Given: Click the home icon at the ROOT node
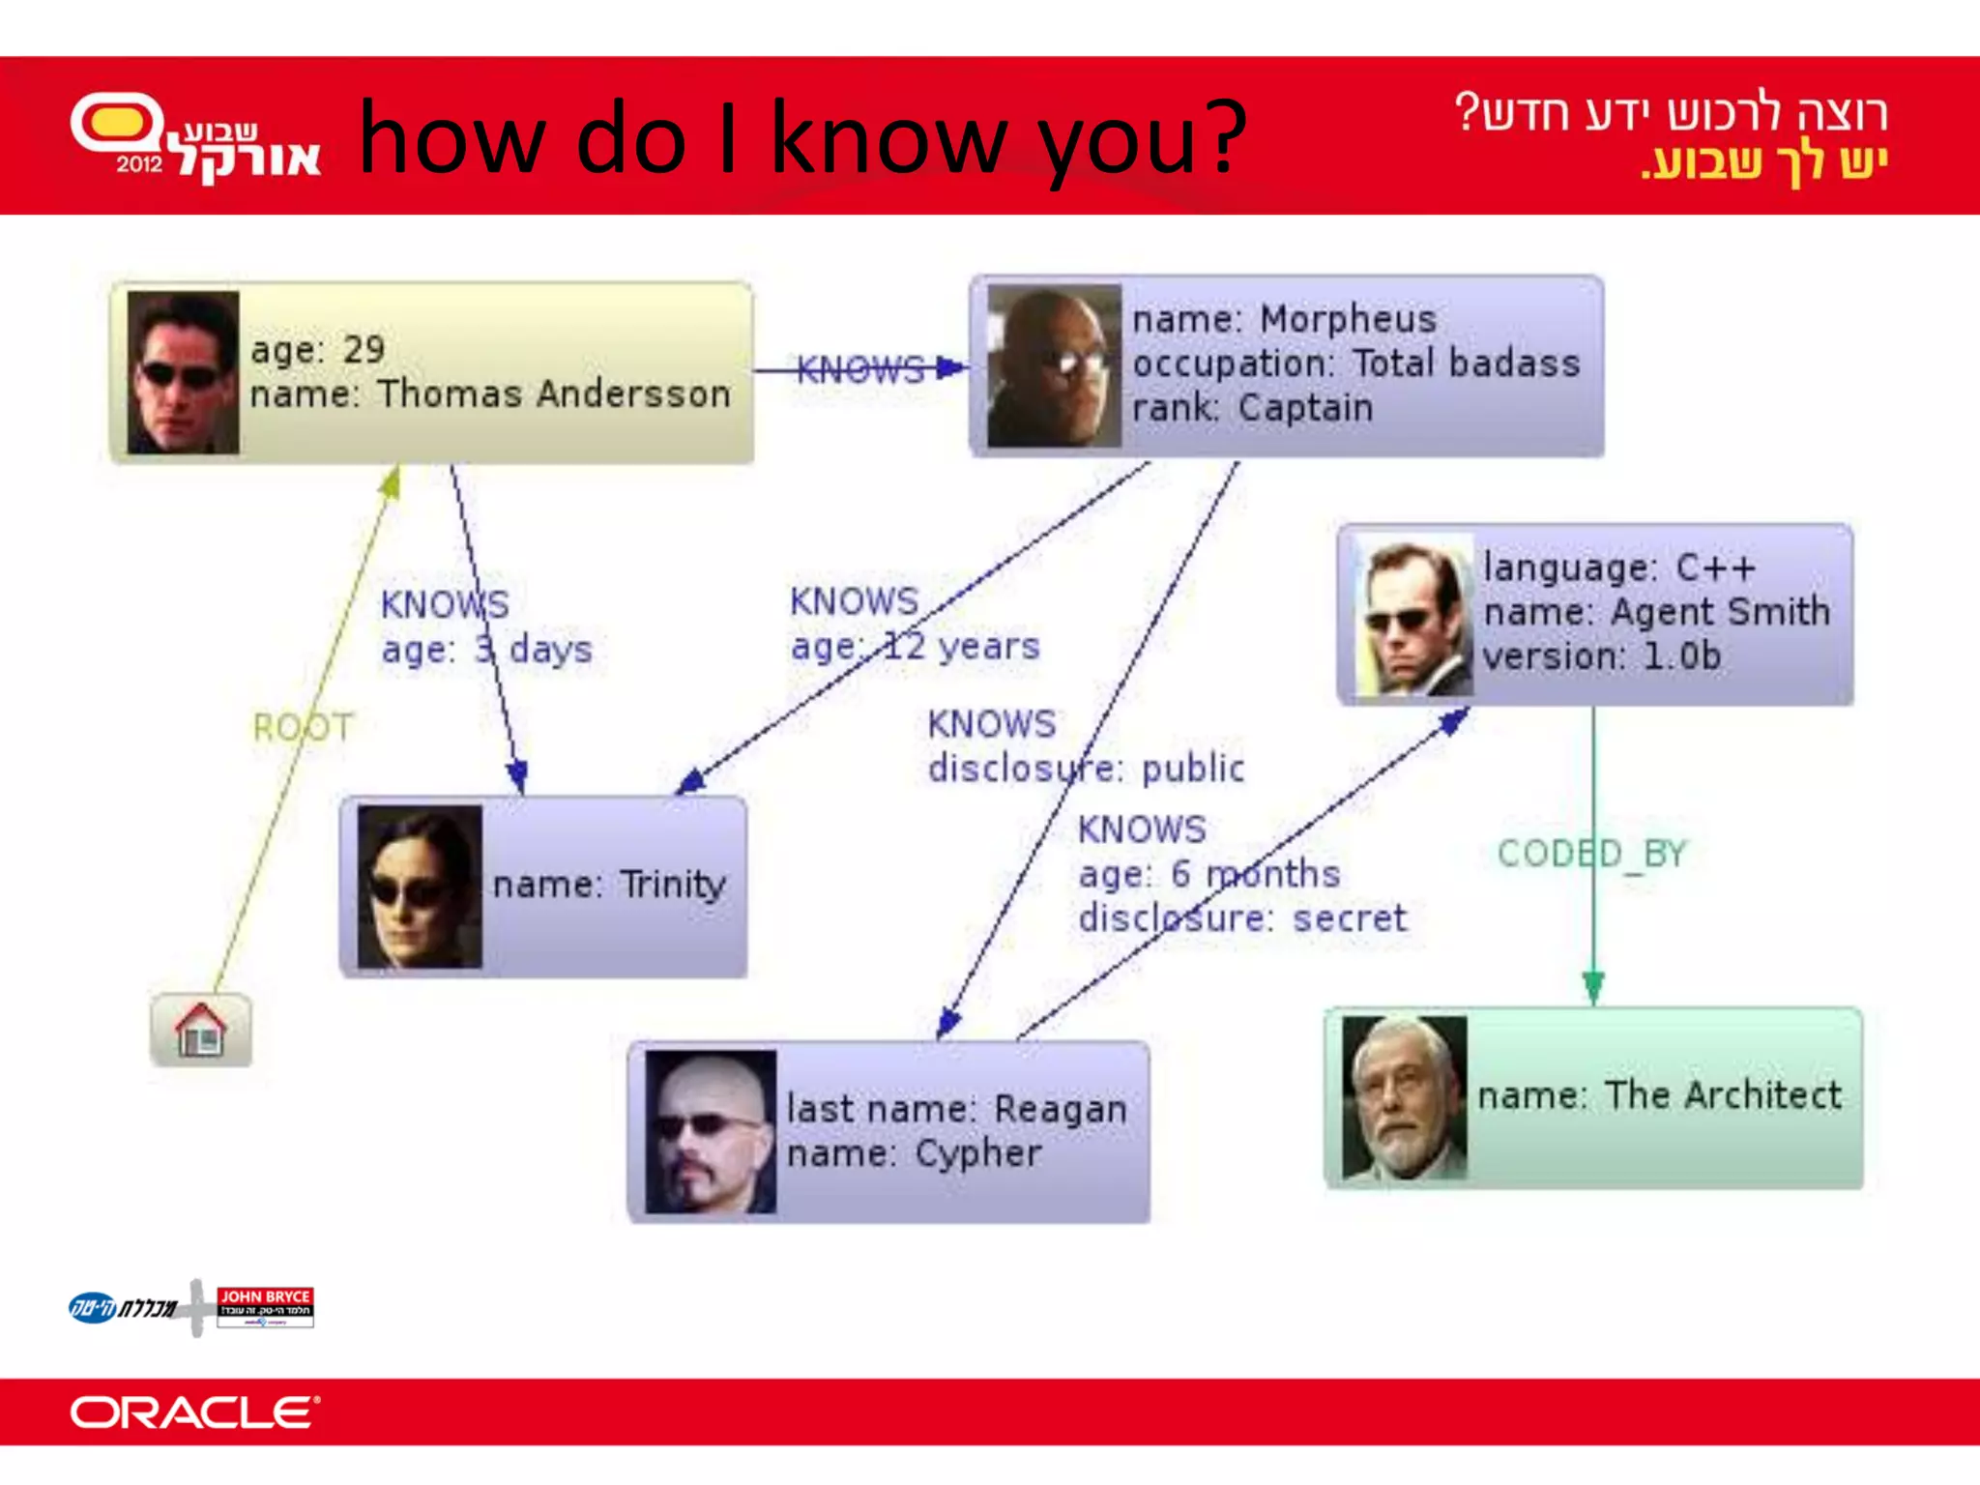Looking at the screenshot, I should click(x=201, y=1031).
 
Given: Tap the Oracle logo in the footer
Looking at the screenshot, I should click(x=194, y=1412).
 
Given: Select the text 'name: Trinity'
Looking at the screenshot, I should click(x=609, y=885).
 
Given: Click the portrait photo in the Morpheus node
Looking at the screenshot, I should click(x=1054, y=366).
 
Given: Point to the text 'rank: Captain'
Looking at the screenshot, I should click(x=1252, y=408).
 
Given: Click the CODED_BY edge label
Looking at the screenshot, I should click(x=1591, y=854).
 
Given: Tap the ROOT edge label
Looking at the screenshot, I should click(x=304, y=727).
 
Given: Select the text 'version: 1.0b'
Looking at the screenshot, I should click(x=1602, y=656).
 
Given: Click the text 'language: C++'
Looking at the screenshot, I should click(x=1619, y=568).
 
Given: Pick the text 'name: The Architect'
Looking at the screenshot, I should click(x=1659, y=1095).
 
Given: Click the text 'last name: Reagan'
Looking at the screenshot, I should click(x=956, y=1109).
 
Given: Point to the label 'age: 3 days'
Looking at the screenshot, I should click(x=486, y=650).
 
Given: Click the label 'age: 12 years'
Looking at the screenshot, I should click(x=915, y=646).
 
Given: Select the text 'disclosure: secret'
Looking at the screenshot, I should click(x=1242, y=918).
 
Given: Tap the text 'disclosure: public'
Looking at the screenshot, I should click(x=1086, y=769).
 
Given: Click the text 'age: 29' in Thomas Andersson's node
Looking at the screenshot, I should click(x=317, y=350).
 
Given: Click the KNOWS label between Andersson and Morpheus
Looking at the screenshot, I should click(x=859, y=369).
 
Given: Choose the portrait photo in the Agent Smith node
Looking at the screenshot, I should click(x=1413, y=616).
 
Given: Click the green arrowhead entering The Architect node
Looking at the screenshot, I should click(x=1593, y=988).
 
